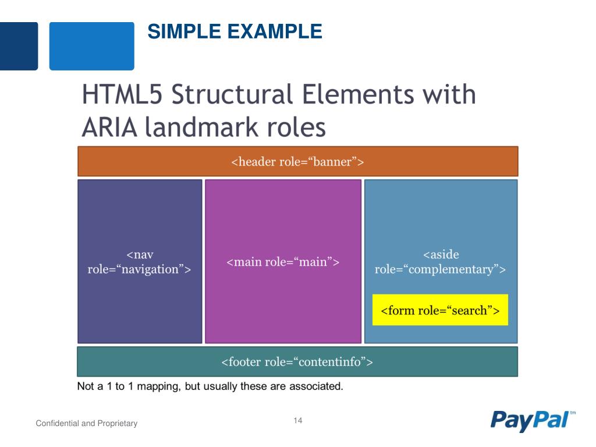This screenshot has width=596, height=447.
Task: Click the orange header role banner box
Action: coord(297,161)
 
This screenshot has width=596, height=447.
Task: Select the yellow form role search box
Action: coord(440,310)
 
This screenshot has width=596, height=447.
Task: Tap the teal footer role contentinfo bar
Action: coord(297,362)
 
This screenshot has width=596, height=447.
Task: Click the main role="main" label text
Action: coord(283,262)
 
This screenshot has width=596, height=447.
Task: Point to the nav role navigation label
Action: coord(140,262)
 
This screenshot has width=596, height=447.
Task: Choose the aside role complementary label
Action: coord(441,262)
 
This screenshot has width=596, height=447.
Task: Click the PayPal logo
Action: coord(529,420)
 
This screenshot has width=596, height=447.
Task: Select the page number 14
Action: coord(298,421)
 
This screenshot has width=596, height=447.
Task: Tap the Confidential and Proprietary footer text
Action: coord(87,423)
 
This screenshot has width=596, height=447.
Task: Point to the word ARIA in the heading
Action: coord(110,127)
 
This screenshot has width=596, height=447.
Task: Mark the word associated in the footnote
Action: coord(314,386)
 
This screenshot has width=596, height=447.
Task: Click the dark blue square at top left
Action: coord(19,46)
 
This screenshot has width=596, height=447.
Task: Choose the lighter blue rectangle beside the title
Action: coord(91,46)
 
